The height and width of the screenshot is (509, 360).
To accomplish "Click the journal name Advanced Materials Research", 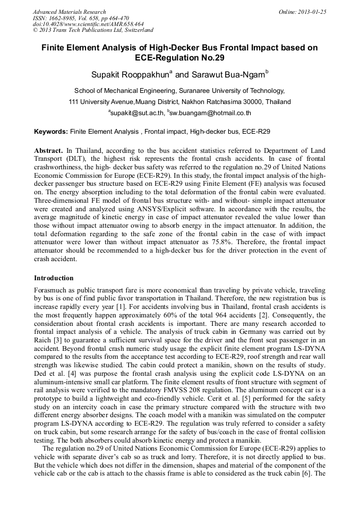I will [x=69, y=12].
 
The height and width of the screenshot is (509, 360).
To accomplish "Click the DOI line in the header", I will [x=88, y=24].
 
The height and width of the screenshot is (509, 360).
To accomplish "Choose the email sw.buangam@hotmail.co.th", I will [x=210, y=113].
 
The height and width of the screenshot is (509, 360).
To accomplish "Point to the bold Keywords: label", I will [x=51, y=131].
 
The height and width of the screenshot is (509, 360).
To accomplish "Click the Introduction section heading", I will [x=54, y=278].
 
